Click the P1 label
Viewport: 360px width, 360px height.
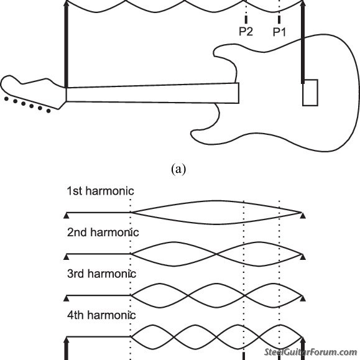[x=279, y=33]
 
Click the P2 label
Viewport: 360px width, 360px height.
[x=246, y=33]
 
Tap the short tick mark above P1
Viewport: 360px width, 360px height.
[x=279, y=21]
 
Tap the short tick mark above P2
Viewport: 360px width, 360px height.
[x=246, y=21]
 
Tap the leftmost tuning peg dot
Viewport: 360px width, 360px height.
[x=6, y=98]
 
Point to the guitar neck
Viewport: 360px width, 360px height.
[x=152, y=93]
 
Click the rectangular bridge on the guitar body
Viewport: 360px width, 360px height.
[x=310, y=93]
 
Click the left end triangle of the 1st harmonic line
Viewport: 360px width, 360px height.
[x=66, y=215]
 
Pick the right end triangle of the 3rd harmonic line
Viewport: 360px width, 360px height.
[x=302, y=296]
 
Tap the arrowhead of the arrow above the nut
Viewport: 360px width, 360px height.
[x=66, y=4]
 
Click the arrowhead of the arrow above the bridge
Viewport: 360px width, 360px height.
[x=303, y=4]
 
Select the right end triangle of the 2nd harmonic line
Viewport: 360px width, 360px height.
[x=302, y=256]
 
